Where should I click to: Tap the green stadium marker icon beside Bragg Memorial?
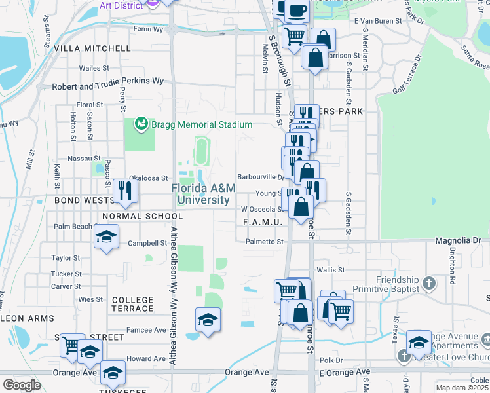[140, 124]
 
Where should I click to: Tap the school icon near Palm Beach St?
[106, 237]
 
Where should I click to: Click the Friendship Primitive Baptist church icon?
[428, 283]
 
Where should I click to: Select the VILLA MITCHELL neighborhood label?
[92, 48]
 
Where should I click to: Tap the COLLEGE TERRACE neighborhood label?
[132, 305]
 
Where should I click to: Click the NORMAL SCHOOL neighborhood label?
[142, 216]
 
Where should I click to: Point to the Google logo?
[22, 385]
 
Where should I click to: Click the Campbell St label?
[147, 243]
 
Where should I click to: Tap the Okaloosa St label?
[149, 178]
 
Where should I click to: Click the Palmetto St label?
[265, 242]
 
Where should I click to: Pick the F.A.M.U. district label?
[262, 223]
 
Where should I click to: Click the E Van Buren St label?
[377, 21]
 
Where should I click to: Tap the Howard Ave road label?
[147, 359]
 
